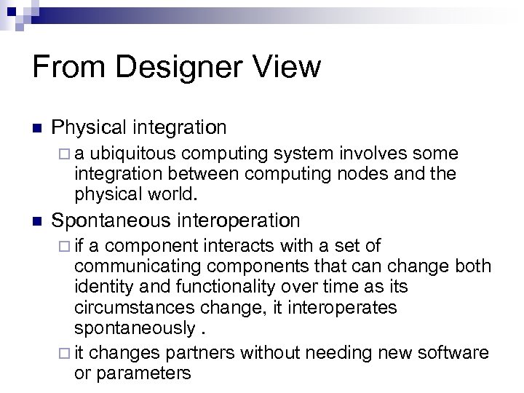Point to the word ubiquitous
(136, 154)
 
